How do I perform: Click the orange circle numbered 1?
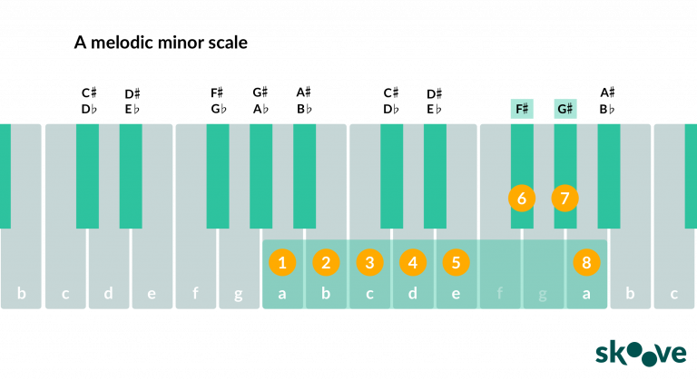point(282,263)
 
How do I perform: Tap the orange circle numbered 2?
point(326,263)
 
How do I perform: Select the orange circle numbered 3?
point(369,263)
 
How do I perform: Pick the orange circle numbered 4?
point(413,263)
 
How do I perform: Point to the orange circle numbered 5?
point(456,263)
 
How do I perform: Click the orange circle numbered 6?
point(522,199)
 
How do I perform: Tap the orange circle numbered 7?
point(565,199)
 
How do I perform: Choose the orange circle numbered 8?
point(587,263)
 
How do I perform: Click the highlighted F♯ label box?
point(522,109)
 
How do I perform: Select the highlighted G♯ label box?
point(565,109)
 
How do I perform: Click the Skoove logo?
point(641,354)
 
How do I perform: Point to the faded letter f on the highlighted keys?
point(500,293)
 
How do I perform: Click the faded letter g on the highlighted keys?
point(543,295)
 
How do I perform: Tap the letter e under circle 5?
point(456,294)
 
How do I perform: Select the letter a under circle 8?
point(587,294)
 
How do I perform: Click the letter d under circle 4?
point(413,293)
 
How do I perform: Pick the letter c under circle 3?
point(369,294)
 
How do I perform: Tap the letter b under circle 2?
point(326,293)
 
